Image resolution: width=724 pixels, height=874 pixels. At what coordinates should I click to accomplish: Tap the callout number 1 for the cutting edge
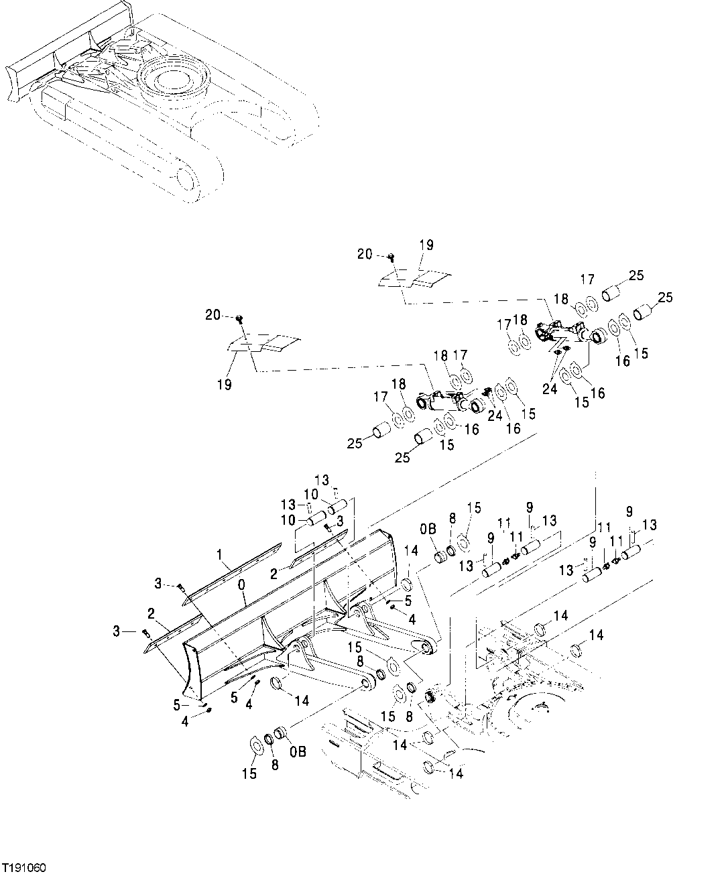coord(219,554)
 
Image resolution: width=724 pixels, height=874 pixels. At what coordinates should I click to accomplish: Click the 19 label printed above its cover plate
coord(426,246)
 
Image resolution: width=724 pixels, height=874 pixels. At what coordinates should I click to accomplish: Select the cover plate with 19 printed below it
coord(261,343)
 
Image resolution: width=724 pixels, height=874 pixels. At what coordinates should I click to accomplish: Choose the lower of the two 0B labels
coord(298,751)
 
